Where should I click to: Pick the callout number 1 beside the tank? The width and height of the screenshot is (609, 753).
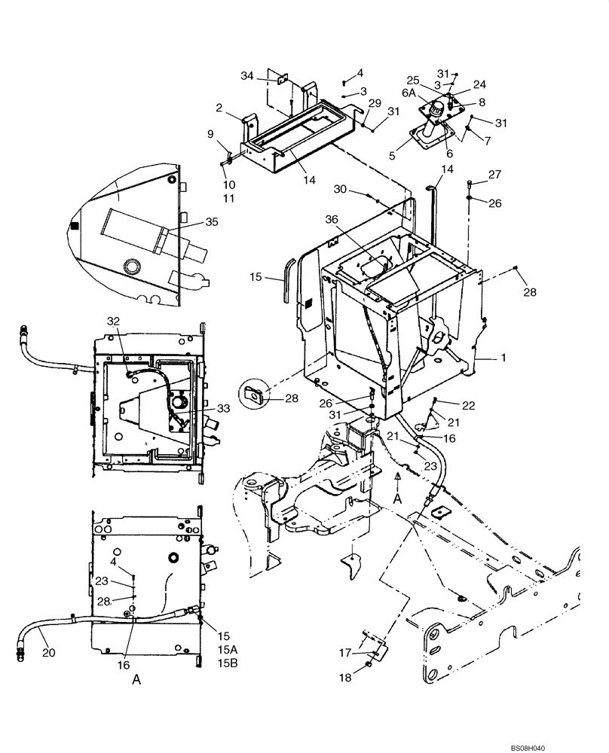(x=502, y=359)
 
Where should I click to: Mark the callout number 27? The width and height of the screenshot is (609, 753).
(x=493, y=174)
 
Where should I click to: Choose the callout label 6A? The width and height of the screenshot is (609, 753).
(x=409, y=93)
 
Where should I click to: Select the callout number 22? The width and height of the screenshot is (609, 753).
(x=470, y=406)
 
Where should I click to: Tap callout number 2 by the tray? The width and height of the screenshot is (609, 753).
(x=219, y=108)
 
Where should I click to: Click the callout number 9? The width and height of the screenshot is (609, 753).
(x=210, y=135)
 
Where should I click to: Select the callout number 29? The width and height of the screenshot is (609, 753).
(x=375, y=102)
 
